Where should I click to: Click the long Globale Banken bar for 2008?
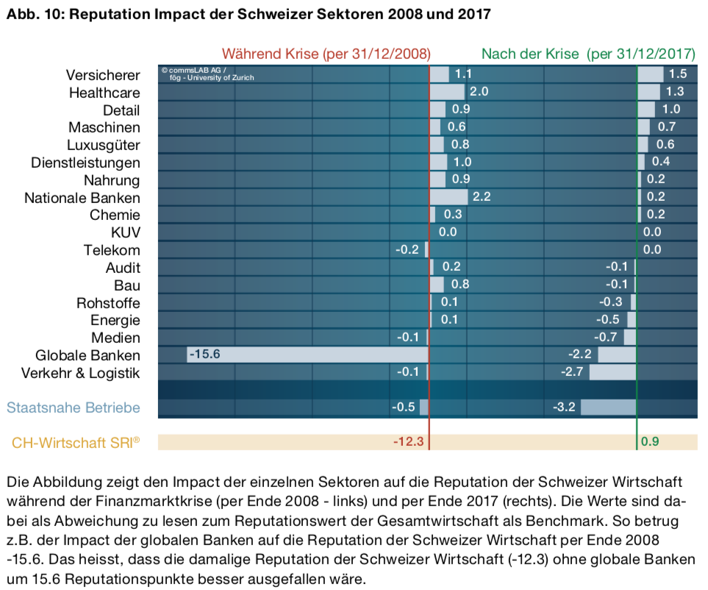point(309,355)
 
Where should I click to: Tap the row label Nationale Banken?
point(82,197)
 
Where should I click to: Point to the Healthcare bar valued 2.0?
point(447,92)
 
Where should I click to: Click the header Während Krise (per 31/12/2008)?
point(326,54)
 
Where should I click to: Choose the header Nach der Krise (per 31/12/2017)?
point(588,54)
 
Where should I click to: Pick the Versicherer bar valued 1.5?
point(650,74)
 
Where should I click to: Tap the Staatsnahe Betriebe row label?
point(73,407)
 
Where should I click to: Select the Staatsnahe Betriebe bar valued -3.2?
point(608,407)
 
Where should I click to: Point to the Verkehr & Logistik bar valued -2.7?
point(612,372)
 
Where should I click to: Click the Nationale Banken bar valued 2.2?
point(448,197)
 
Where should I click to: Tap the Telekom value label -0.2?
point(407,250)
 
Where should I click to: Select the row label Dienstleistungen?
point(85,162)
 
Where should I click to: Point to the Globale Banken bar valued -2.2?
point(617,355)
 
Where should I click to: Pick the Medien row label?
point(115,337)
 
